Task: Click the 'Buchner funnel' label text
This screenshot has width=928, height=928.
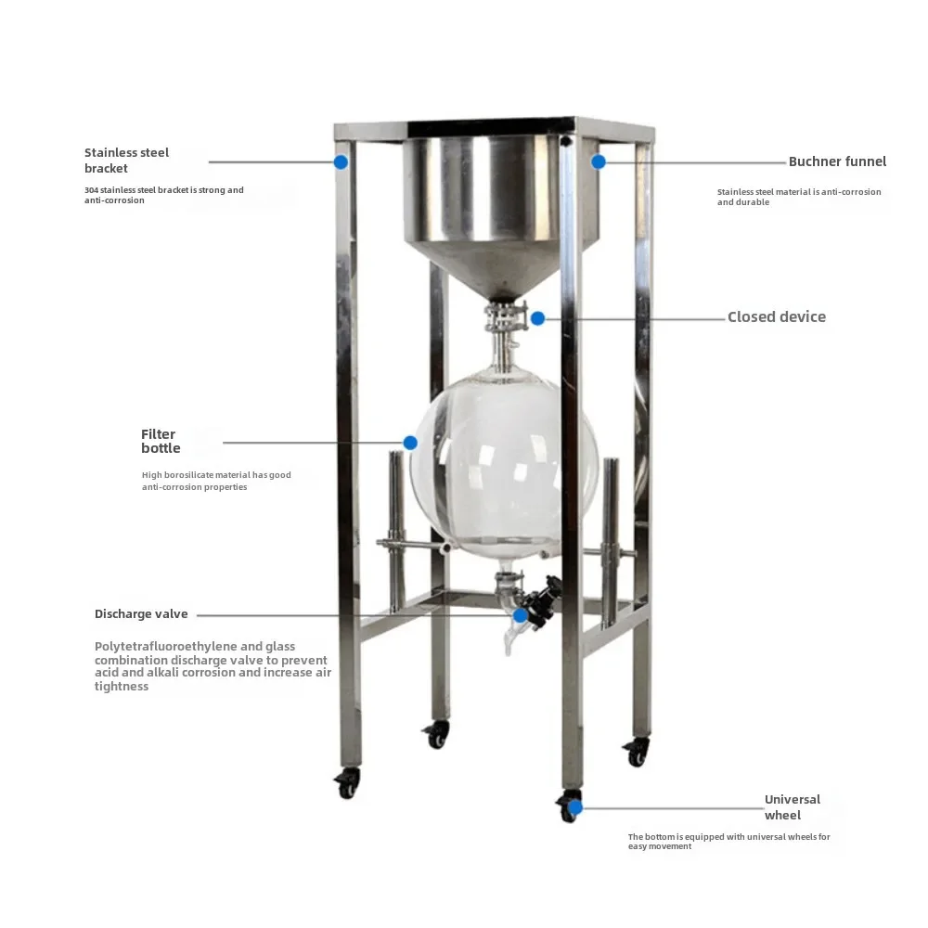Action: (x=837, y=161)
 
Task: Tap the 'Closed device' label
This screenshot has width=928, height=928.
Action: (x=776, y=317)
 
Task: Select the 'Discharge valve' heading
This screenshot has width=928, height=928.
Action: (x=141, y=614)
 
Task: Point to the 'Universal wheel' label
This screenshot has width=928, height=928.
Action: (x=792, y=807)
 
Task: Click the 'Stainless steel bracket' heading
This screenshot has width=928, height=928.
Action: (x=127, y=161)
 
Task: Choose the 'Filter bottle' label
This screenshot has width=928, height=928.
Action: (x=161, y=442)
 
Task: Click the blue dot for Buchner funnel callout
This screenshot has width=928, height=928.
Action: (x=599, y=161)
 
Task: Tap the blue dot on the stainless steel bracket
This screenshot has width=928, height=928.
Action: (x=341, y=161)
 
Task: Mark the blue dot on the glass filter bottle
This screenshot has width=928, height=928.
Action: (x=410, y=443)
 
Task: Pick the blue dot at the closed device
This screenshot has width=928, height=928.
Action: (x=537, y=318)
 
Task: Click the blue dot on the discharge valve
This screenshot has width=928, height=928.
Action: (x=521, y=614)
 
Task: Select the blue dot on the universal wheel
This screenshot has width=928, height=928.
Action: (x=575, y=807)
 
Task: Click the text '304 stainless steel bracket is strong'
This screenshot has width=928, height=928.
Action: (x=164, y=190)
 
